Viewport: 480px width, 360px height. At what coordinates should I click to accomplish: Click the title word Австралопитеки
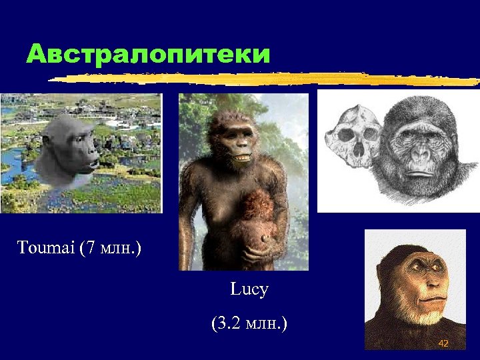148,54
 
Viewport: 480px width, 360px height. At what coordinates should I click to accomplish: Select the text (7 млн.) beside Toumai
109,249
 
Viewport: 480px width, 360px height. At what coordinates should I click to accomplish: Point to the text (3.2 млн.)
249,324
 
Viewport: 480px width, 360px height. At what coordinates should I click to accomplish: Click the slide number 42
443,343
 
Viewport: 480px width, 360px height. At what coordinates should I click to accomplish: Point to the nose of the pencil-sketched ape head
419,155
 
